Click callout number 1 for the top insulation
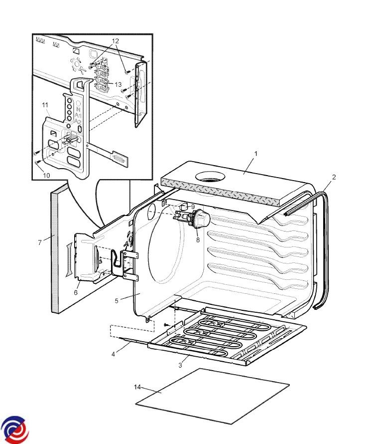click(x=256, y=154)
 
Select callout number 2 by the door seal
click(x=334, y=177)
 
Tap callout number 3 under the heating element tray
click(x=180, y=365)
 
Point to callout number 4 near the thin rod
click(x=114, y=354)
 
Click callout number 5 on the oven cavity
click(x=117, y=301)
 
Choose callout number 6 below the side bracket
click(x=76, y=292)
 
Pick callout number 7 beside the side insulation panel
click(x=40, y=242)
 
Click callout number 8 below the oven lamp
click(x=198, y=240)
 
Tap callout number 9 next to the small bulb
click(x=193, y=207)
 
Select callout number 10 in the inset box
click(x=46, y=175)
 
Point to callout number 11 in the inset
click(x=45, y=105)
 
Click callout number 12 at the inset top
click(x=116, y=41)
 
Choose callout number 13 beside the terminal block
click(x=118, y=84)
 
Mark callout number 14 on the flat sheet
click(x=137, y=387)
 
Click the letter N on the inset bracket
click(x=78, y=110)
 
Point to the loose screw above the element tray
click(x=166, y=324)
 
